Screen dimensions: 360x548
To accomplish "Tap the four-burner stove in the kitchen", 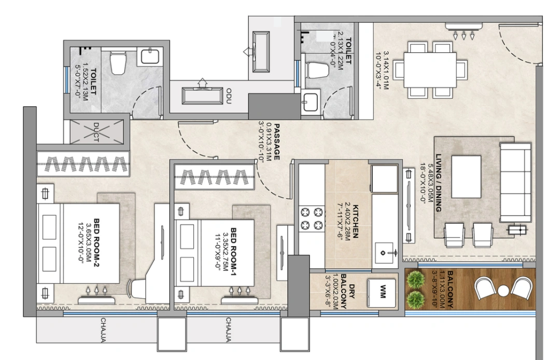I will [x=311, y=218].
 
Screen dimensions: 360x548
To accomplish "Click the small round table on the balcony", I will [x=503, y=291].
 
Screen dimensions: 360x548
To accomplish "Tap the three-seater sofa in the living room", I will [x=515, y=182].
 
